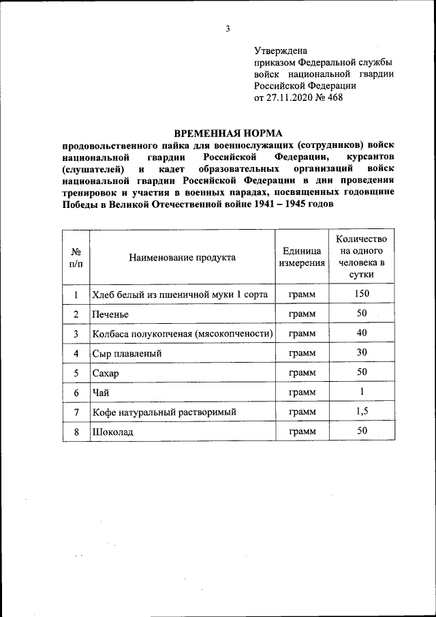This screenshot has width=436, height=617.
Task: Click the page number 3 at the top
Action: (x=228, y=28)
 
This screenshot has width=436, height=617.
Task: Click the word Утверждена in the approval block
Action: (x=281, y=50)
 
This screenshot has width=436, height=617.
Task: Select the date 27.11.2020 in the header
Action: (x=292, y=97)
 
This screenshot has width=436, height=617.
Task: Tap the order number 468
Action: (x=335, y=97)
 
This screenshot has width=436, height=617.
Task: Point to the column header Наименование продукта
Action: (x=182, y=257)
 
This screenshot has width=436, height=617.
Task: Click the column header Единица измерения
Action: (x=301, y=257)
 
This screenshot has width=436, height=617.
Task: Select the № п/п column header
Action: (x=76, y=257)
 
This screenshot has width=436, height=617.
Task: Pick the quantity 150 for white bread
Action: (x=362, y=294)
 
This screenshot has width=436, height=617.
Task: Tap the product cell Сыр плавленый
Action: (x=127, y=354)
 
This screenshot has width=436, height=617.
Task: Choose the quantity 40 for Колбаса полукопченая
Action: (x=362, y=333)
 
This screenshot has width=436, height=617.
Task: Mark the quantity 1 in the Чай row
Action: (x=362, y=391)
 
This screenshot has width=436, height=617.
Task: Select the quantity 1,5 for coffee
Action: (x=362, y=411)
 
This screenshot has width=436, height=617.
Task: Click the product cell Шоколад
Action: (x=113, y=433)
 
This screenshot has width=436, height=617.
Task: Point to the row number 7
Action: (x=76, y=412)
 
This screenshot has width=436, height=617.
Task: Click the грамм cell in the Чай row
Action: (x=301, y=393)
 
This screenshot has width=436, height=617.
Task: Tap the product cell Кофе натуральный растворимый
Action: (x=163, y=413)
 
